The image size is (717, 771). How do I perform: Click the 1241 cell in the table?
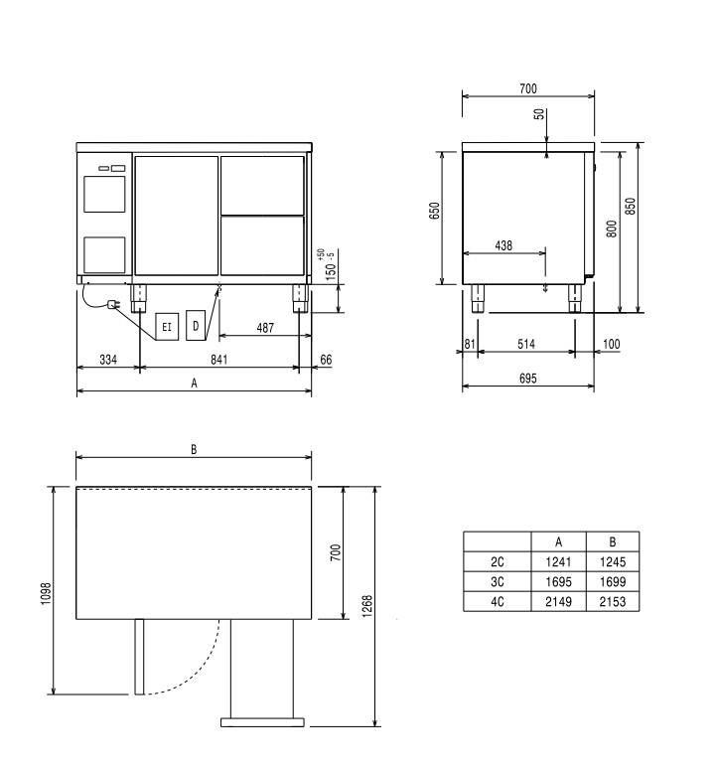pyautogui.click(x=558, y=561)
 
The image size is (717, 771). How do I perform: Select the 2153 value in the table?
pyautogui.click(x=613, y=601)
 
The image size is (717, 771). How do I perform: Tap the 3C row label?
pyautogui.click(x=498, y=581)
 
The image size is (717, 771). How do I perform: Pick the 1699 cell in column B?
pyautogui.click(x=613, y=581)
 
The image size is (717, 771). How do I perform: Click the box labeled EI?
pyautogui.click(x=167, y=327)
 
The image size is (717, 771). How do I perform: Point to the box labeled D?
pyautogui.click(x=196, y=326)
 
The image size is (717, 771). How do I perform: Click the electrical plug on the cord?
pyautogui.click(x=113, y=305)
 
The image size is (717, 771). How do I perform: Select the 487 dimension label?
pyautogui.click(x=265, y=328)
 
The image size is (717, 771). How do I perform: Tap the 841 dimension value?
pyautogui.click(x=219, y=360)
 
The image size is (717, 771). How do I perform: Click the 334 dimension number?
pyautogui.click(x=108, y=360)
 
